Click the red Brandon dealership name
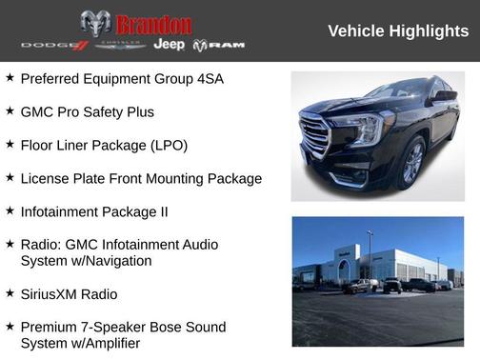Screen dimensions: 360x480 153,24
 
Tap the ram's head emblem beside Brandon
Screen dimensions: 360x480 95,24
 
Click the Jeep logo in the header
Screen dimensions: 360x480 170,45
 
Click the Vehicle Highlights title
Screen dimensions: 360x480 398,31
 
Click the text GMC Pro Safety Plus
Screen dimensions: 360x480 87,112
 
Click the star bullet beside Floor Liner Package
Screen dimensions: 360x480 10,145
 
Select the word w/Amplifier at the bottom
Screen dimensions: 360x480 105,344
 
